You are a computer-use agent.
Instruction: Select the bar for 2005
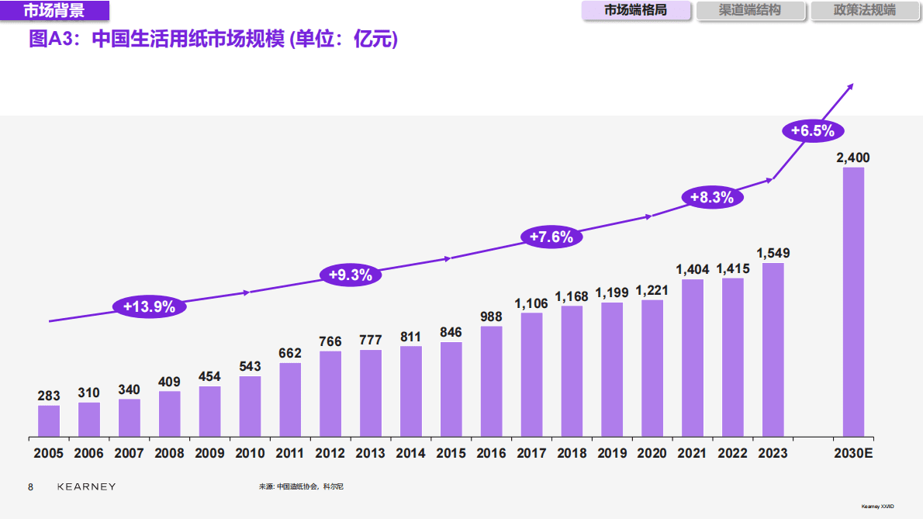(x=49, y=420)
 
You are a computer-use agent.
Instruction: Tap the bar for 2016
(x=492, y=381)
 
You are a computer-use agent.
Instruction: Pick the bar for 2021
(x=693, y=358)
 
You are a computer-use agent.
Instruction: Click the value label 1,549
(x=773, y=253)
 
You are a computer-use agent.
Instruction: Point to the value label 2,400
(x=853, y=157)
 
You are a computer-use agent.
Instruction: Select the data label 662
(x=290, y=353)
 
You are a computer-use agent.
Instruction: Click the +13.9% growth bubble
(x=149, y=307)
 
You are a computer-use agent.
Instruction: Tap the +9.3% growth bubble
(x=351, y=275)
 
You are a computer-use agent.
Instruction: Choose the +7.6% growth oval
(x=551, y=237)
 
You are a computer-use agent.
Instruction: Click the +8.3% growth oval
(x=711, y=198)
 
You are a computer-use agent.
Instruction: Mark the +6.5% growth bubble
(x=811, y=131)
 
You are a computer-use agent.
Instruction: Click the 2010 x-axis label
(x=250, y=453)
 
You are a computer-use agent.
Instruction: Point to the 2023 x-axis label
(x=773, y=453)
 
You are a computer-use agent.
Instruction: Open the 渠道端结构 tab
(x=749, y=11)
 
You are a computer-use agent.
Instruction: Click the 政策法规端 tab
(x=864, y=11)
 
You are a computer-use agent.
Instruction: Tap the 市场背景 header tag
(x=54, y=10)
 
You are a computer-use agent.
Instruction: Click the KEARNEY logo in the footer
(x=87, y=486)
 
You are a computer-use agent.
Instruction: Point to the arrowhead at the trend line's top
(x=851, y=85)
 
